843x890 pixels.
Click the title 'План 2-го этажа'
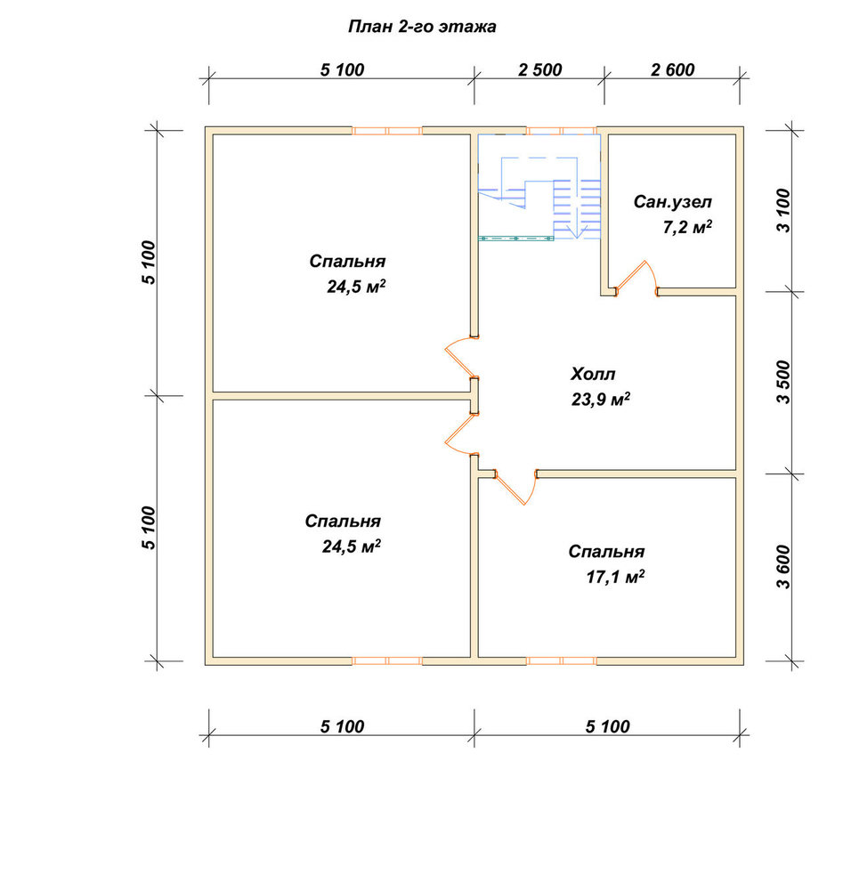pyautogui.click(x=422, y=27)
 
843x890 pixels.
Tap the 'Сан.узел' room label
pyautogui.click(x=673, y=202)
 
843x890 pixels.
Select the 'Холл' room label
pyautogui.click(x=593, y=375)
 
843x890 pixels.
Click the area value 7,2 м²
pyautogui.click(x=687, y=227)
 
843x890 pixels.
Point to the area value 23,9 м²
pyautogui.click(x=601, y=400)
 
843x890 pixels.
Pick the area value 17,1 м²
pyautogui.click(x=615, y=578)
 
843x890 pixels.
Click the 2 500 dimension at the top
pyautogui.click(x=539, y=69)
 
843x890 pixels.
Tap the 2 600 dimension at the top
pyautogui.click(x=673, y=69)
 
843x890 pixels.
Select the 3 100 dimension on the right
pyautogui.click(x=782, y=210)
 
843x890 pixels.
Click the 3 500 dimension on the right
pyautogui.click(x=782, y=382)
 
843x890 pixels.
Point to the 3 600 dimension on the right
pyautogui.click(x=782, y=567)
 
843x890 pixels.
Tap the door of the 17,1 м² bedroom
pyautogui.click(x=516, y=488)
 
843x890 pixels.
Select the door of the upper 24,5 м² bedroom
pyautogui.click(x=458, y=357)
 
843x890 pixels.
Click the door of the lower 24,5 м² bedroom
pyautogui.click(x=458, y=435)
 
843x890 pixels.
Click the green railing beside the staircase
pyautogui.click(x=516, y=239)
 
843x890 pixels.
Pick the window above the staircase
pyautogui.click(x=561, y=131)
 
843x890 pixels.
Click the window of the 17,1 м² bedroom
pyautogui.click(x=561, y=660)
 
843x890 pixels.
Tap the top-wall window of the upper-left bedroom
pyautogui.click(x=386, y=131)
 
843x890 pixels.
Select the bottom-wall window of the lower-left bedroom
pyautogui.click(x=386, y=660)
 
